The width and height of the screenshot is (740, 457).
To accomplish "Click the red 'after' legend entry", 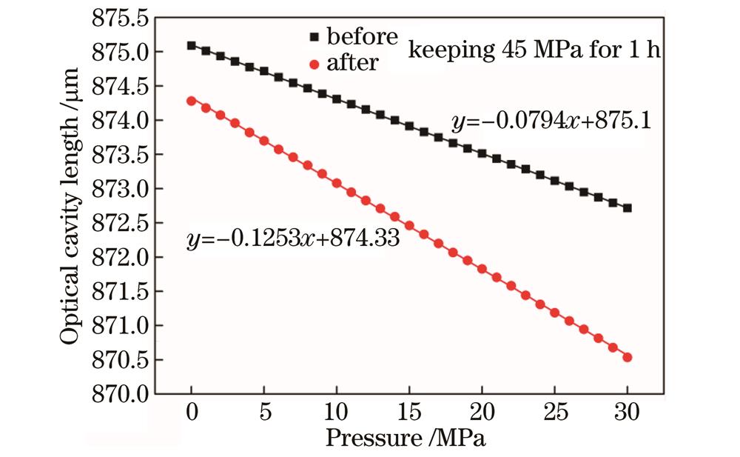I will [x=345, y=63].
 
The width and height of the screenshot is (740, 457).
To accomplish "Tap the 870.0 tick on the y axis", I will [x=119, y=394].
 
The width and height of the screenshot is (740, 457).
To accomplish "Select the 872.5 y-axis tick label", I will [x=119, y=223].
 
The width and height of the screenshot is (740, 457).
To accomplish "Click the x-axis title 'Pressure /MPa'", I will [x=406, y=438].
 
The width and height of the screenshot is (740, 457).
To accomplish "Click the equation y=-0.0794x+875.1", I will [x=551, y=121].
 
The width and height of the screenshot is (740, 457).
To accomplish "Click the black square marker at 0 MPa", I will [x=192, y=45].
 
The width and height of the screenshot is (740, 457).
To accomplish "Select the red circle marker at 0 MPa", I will [x=192, y=101].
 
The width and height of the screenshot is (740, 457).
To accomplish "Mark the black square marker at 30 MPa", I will [x=628, y=208].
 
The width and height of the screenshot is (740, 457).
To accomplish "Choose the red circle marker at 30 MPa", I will [x=628, y=357].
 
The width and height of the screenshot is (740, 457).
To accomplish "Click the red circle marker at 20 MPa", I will [x=482, y=269].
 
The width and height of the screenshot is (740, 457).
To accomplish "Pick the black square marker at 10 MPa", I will [x=337, y=99].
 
